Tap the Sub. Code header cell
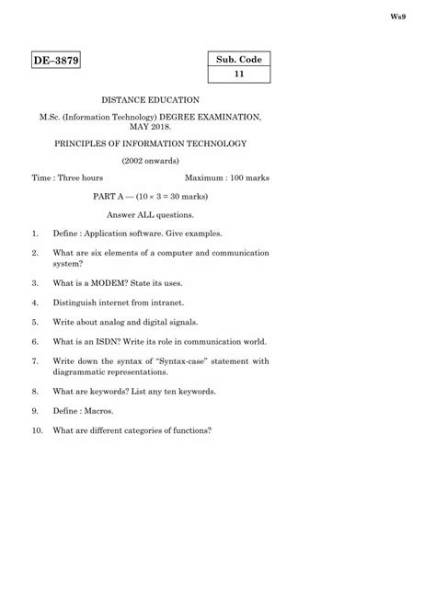click(x=238, y=60)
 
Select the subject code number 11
click(x=238, y=75)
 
